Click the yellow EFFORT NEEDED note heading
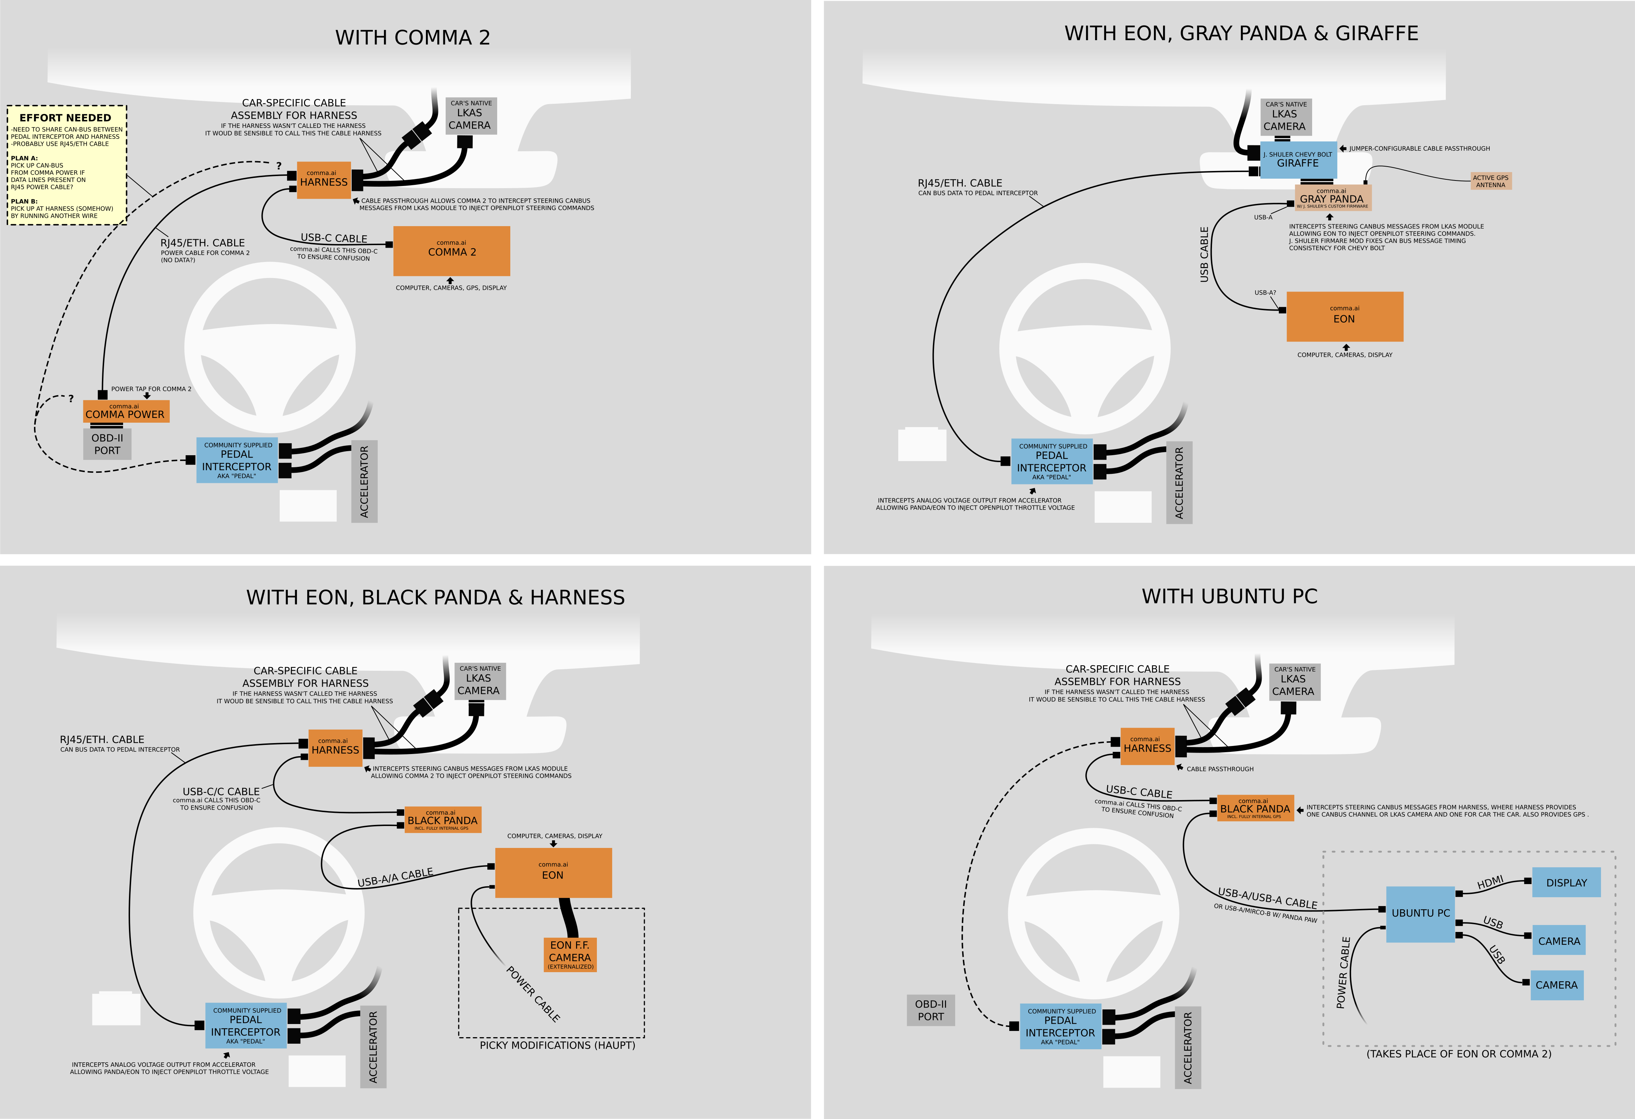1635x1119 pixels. (65, 118)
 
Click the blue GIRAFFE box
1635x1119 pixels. (1298, 160)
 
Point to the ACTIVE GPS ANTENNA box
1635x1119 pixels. (1491, 181)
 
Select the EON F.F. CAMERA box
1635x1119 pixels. (570, 954)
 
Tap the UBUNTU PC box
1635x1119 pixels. (1421, 913)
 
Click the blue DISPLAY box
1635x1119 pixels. (1566, 883)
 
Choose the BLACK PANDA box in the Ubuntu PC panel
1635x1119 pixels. (1255, 808)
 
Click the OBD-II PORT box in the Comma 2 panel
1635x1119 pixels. (107, 444)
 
